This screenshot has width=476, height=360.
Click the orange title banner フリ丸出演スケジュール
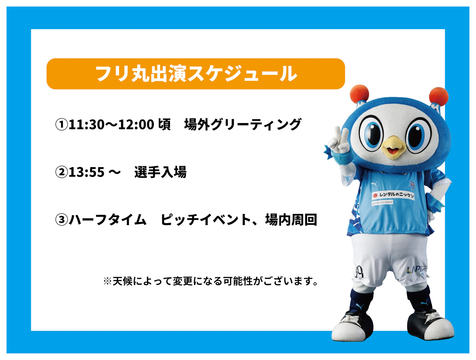pos(195,74)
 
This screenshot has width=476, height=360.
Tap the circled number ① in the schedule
pos(62,125)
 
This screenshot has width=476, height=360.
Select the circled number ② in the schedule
pos(62,172)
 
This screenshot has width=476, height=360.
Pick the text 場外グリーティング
pos(243,124)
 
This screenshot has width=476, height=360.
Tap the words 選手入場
pos(160,172)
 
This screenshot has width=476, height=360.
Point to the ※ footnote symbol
pos(107,281)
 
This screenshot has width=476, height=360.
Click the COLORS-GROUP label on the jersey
pos(382,202)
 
